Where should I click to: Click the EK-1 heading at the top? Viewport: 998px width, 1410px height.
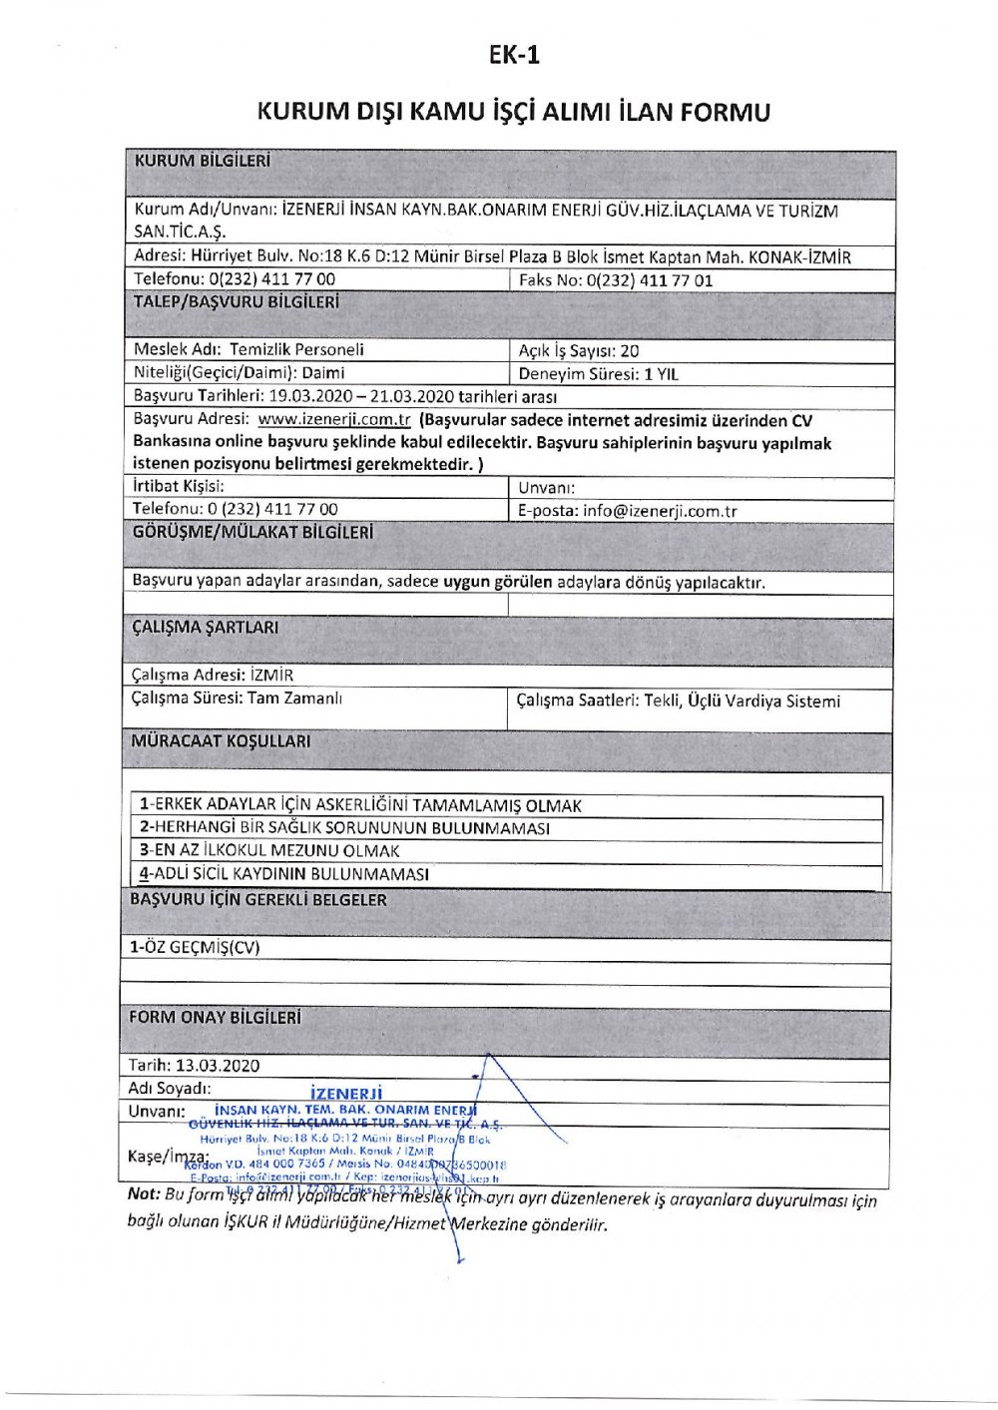tap(514, 55)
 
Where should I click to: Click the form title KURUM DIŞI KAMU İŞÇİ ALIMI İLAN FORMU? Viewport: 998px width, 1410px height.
tap(514, 111)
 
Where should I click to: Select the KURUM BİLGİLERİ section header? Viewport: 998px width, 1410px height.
tap(202, 161)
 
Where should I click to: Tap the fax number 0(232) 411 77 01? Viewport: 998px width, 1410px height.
tap(650, 280)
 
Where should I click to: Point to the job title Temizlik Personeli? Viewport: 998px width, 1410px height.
tap(296, 349)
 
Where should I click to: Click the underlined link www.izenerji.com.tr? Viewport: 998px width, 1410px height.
tap(334, 420)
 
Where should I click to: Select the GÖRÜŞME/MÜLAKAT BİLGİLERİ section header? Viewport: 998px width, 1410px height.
tap(252, 533)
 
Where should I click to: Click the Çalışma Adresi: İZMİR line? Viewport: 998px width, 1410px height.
tap(213, 675)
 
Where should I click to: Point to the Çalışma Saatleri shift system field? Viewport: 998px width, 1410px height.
tap(679, 702)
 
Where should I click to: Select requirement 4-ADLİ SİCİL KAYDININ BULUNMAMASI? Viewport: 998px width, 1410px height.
tap(284, 874)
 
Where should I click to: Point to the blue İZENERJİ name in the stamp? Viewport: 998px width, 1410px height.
tap(346, 1094)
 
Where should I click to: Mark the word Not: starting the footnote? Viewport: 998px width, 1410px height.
tap(144, 1194)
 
